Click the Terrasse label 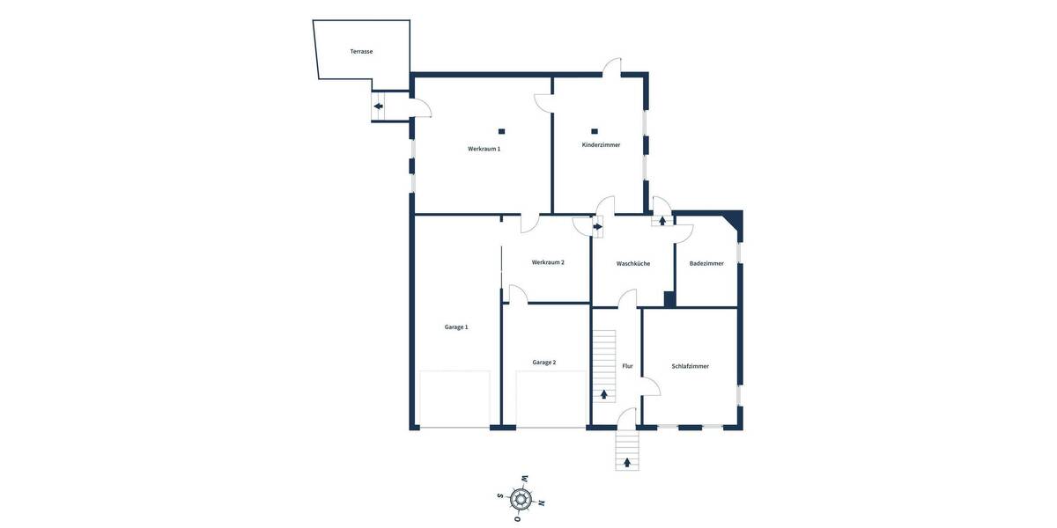point(361,52)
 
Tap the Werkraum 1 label point(484,149)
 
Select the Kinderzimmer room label point(601,144)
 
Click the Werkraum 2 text point(548,262)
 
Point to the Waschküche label point(632,263)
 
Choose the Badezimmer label point(706,263)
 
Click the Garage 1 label point(455,326)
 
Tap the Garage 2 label point(543,362)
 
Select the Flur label point(627,366)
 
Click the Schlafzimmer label point(690,366)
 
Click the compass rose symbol point(521,500)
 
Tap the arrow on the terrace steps point(378,106)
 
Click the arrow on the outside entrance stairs point(627,462)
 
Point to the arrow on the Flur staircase point(604,394)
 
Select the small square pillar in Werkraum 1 point(501,131)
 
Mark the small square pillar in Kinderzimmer point(595,131)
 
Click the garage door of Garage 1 point(455,400)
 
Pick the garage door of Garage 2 point(551,400)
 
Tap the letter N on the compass point(541,503)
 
